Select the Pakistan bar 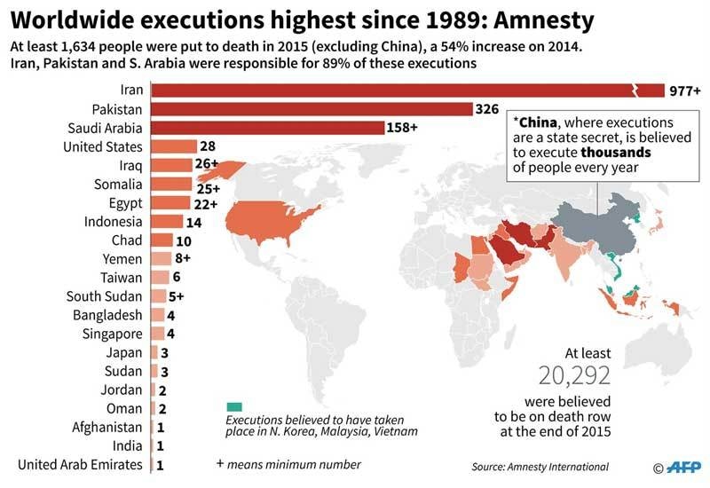click(x=311, y=108)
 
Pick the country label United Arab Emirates click(x=81, y=464)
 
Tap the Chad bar click(x=162, y=240)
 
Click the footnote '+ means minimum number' click(x=288, y=464)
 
